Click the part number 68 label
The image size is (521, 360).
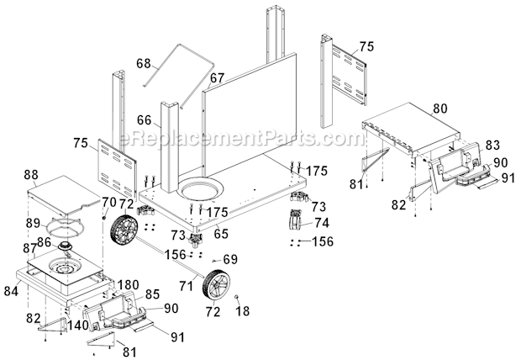pyautogui.click(x=144, y=63)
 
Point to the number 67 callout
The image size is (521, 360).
pyautogui.click(x=217, y=77)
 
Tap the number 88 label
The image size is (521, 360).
pyautogui.click(x=33, y=174)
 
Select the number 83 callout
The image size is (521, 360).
pyautogui.click(x=492, y=144)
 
